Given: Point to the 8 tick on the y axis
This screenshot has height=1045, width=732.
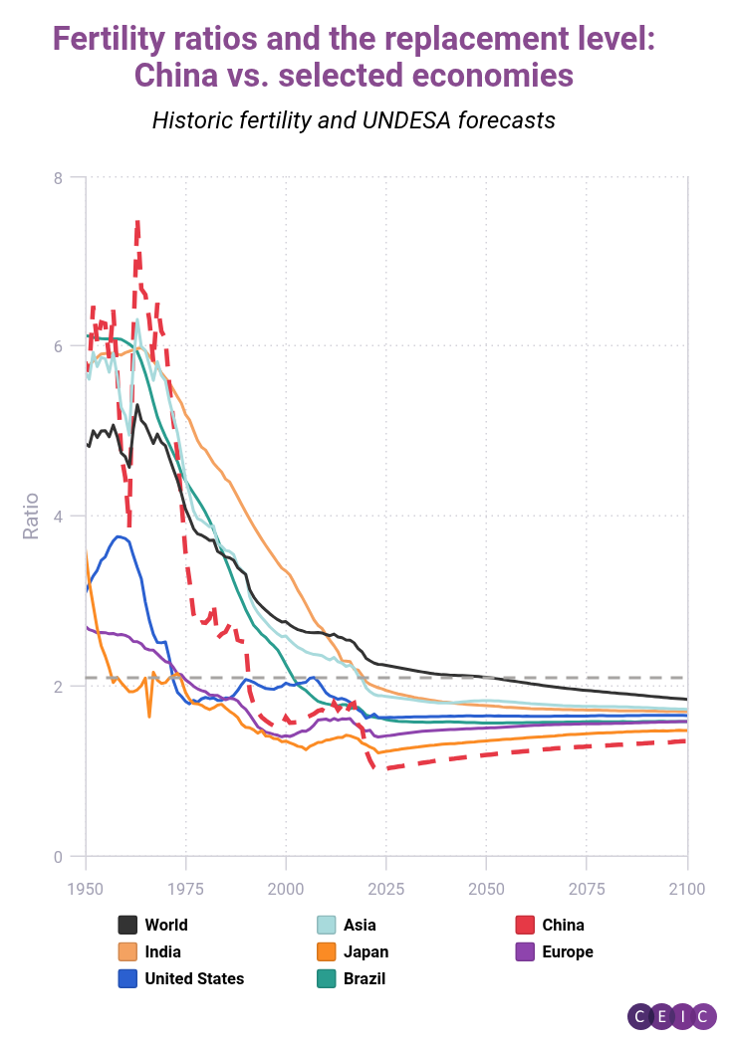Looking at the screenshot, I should point(58,177).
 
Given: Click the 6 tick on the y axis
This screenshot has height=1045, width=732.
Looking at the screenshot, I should point(58,346).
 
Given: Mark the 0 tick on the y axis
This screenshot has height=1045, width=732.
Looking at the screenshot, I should point(58,857).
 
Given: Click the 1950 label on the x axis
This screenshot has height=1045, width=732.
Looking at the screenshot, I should point(86,888).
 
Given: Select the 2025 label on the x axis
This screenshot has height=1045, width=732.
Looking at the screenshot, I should point(386,888).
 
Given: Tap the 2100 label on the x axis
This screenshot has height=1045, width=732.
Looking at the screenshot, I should point(686,888).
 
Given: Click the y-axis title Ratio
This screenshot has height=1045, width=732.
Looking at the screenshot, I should point(32,516).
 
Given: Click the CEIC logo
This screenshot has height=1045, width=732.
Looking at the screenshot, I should point(671,1015).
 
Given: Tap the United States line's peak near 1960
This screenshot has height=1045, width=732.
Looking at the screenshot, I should point(120,536).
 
